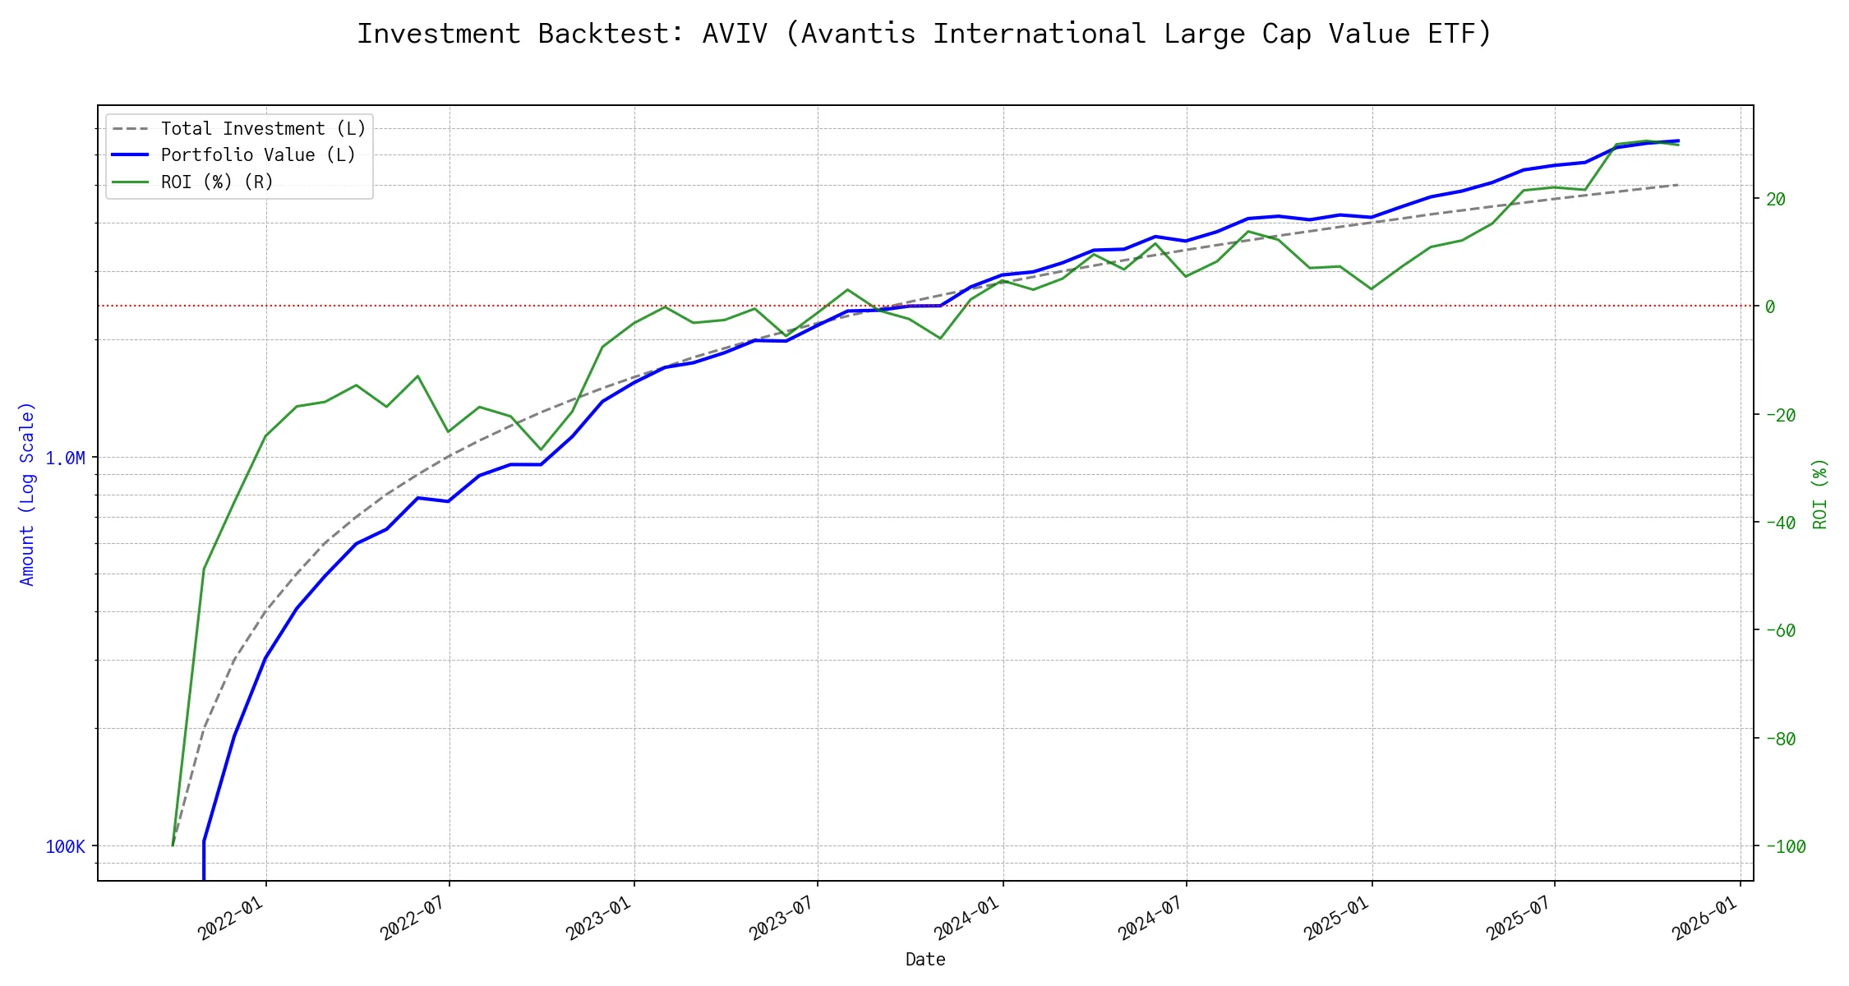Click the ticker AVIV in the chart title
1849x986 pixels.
click(x=734, y=34)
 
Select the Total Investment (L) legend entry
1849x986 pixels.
click(x=263, y=129)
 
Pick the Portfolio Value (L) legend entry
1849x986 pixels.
click(x=258, y=155)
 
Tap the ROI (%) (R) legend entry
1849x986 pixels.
click(x=217, y=182)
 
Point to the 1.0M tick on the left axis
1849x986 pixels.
click(x=65, y=458)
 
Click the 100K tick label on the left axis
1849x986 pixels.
click(x=65, y=846)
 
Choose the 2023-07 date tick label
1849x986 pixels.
click(x=782, y=918)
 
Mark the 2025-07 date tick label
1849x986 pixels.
click(x=1519, y=918)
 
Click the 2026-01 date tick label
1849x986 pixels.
click(x=1704, y=918)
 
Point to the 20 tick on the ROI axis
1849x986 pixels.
click(x=1775, y=199)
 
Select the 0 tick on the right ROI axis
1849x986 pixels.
click(x=1770, y=306)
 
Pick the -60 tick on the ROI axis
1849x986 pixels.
click(x=1779, y=630)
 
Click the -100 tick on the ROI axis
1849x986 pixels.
click(x=1784, y=846)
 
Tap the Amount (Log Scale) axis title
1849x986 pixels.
click(x=28, y=494)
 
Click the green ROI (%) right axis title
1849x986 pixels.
click(x=1819, y=494)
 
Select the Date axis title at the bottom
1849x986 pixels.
click(x=925, y=959)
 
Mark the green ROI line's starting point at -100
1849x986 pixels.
click(x=173, y=845)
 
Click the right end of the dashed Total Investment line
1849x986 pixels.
click(x=1678, y=185)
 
